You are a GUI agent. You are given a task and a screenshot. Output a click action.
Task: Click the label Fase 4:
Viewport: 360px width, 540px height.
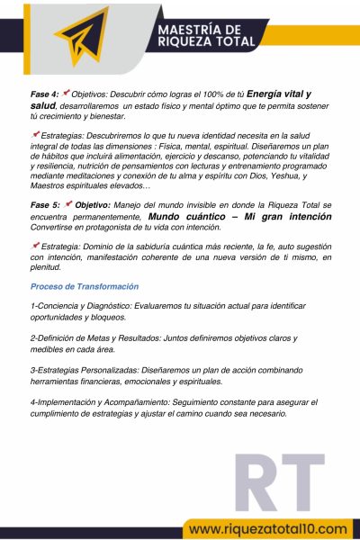click(x=44, y=94)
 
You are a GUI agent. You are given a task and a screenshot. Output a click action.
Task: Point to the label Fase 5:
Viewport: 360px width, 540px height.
click(x=44, y=205)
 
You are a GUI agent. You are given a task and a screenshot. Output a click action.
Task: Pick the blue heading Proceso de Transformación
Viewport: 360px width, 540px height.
click(x=85, y=286)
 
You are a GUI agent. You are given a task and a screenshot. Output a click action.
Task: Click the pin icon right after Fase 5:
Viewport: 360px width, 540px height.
click(x=68, y=204)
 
